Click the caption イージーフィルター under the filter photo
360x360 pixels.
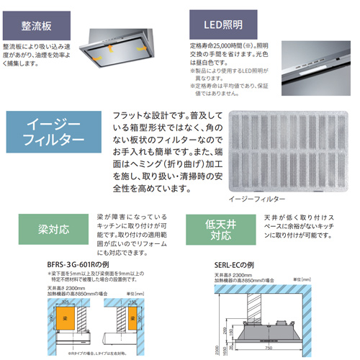(x=256, y=197)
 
